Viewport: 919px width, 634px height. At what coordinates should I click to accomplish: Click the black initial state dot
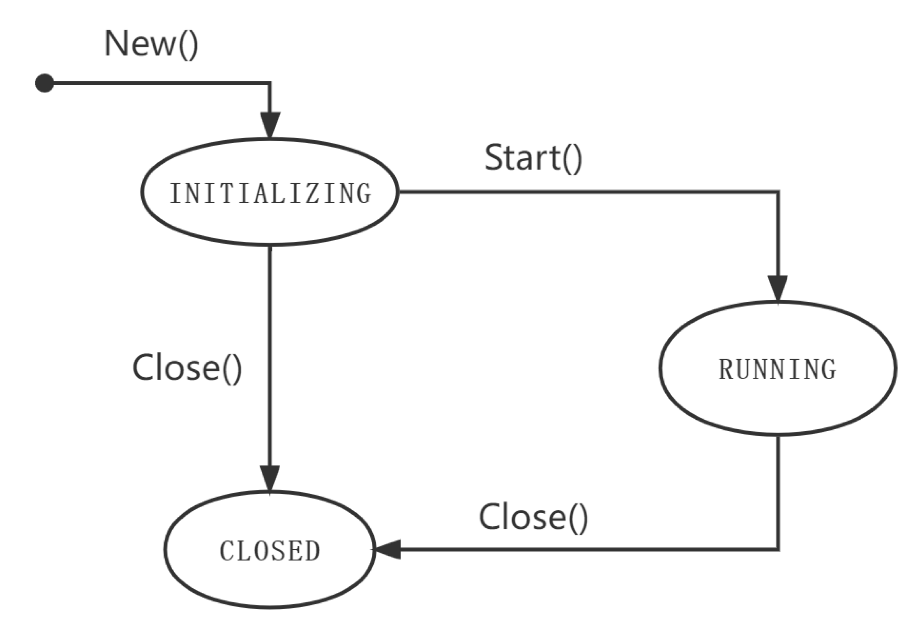(x=44, y=83)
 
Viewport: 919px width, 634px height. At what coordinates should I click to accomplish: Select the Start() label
(x=533, y=158)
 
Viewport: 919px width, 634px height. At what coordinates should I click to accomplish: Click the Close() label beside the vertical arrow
(x=187, y=368)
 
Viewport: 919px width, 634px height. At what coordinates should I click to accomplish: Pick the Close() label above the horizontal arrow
(x=533, y=517)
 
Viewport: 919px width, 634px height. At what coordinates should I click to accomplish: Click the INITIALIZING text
(x=270, y=194)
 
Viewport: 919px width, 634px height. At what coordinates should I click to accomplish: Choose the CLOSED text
(x=270, y=552)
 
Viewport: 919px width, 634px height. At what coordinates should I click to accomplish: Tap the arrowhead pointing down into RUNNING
(x=778, y=288)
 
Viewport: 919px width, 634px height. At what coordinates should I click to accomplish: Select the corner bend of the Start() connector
(x=778, y=192)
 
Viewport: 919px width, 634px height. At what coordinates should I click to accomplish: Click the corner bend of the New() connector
(x=270, y=83)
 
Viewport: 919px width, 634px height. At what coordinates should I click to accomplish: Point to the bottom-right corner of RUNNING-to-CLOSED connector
(x=778, y=550)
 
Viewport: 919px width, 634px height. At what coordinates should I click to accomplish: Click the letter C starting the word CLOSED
(x=227, y=552)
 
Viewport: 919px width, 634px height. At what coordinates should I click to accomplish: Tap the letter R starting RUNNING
(x=726, y=369)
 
